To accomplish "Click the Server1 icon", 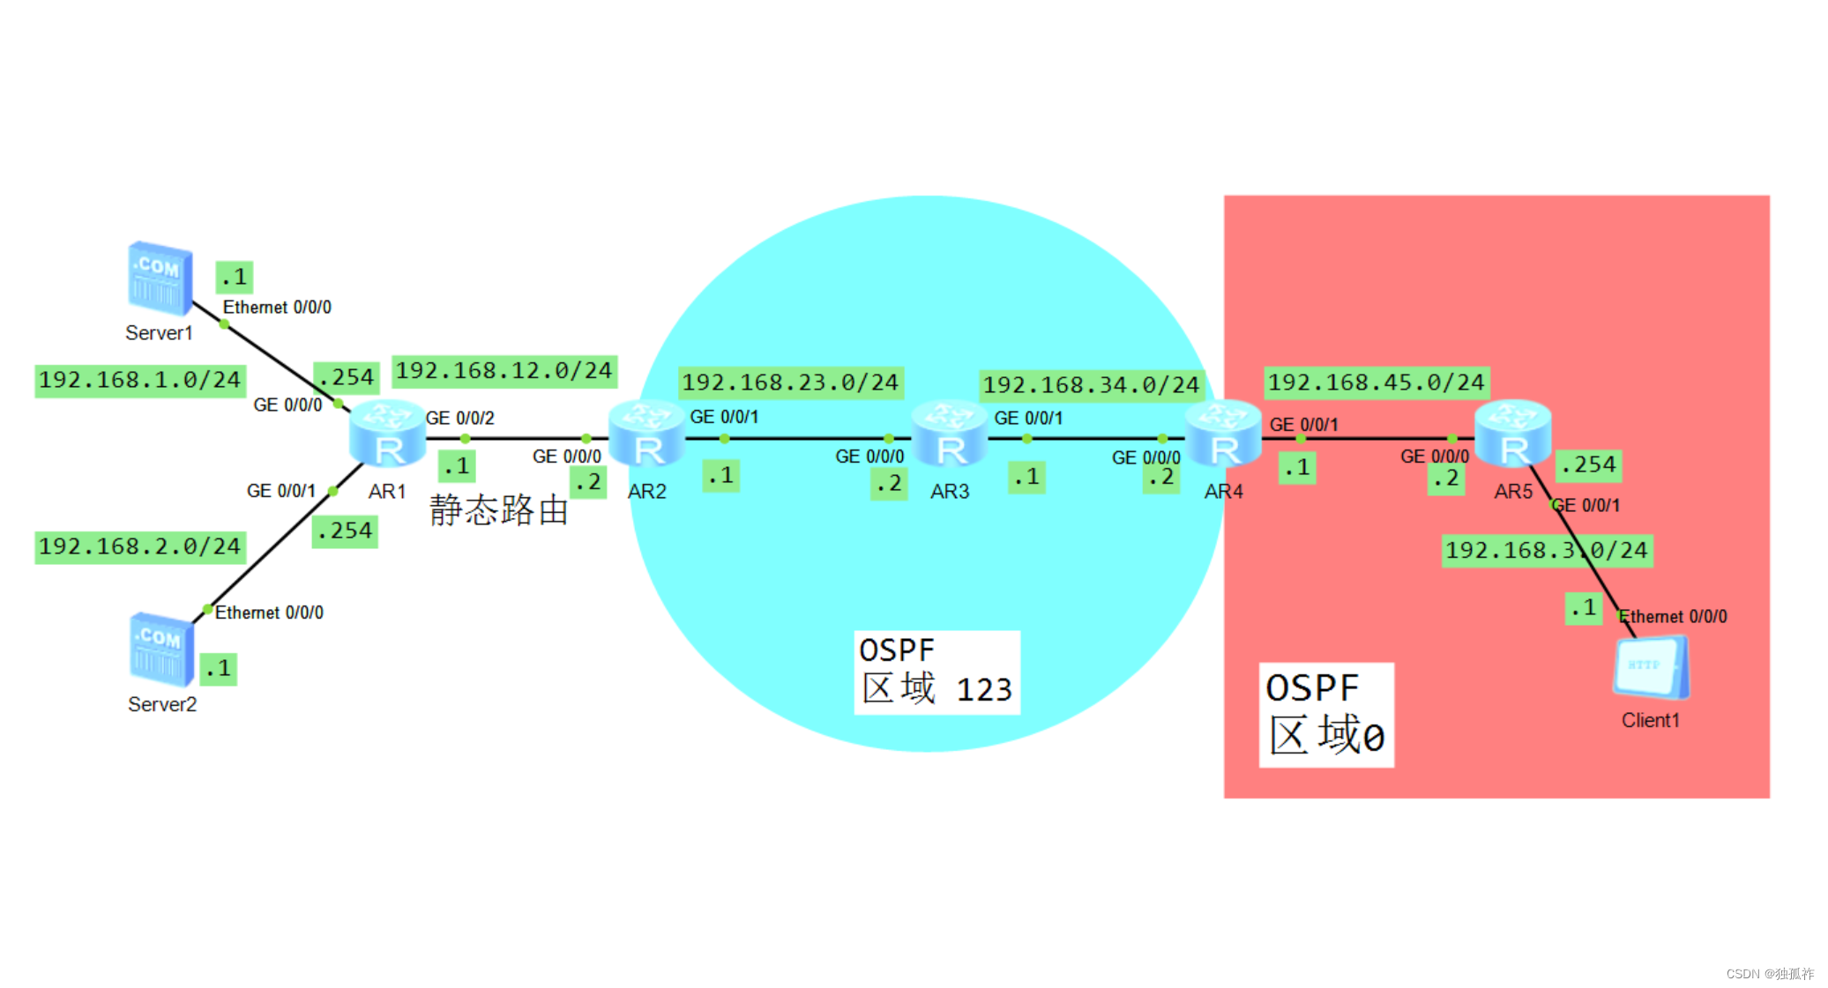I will click(x=160, y=279).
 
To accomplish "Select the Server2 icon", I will click(x=161, y=650).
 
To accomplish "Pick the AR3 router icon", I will click(x=949, y=433).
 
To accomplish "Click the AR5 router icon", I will click(x=1512, y=433).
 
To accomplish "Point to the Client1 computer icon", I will click(x=1650, y=668).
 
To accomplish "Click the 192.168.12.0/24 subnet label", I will click(x=504, y=371).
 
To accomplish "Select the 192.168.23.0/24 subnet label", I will click(x=789, y=383).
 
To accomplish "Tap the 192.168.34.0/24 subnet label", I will click(x=1091, y=385).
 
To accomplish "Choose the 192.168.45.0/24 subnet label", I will click(x=1376, y=383).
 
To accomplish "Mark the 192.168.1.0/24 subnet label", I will click(x=139, y=380).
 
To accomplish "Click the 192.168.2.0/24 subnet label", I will click(x=139, y=546).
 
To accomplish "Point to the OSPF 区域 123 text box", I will click(x=936, y=672).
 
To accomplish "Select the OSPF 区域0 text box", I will click(x=1325, y=714).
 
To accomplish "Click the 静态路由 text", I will click(x=498, y=510).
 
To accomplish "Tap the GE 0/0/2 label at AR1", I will click(x=459, y=418).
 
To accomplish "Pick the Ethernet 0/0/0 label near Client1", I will click(x=1673, y=616).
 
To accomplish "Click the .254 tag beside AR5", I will click(x=1588, y=464).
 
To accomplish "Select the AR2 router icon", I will click(x=646, y=433).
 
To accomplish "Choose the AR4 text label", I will click(x=1223, y=492).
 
